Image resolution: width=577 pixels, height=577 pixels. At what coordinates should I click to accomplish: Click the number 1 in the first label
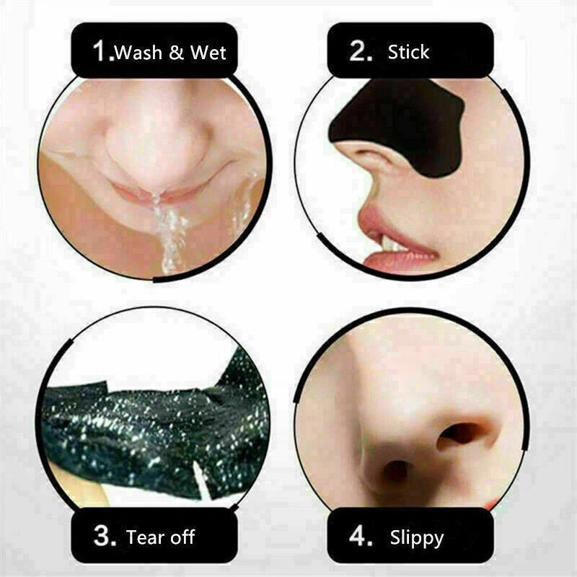pyautogui.click(x=102, y=51)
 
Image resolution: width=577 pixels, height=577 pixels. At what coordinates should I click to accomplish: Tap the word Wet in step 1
pyautogui.click(x=208, y=53)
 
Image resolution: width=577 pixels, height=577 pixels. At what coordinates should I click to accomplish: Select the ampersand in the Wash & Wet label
pyautogui.click(x=177, y=53)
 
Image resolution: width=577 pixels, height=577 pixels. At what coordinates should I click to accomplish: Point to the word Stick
pyautogui.click(x=408, y=52)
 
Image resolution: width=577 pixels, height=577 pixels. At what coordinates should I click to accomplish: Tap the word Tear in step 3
pyautogui.click(x=144, y=537)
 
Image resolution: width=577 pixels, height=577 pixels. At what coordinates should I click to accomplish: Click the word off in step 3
pyautogui.click(x=181, y=537)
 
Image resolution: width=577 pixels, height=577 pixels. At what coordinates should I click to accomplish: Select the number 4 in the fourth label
pyautogui.click(x=361, y=537)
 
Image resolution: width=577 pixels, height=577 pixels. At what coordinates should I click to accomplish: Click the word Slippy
pyautogui.click(x=417, y=538)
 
